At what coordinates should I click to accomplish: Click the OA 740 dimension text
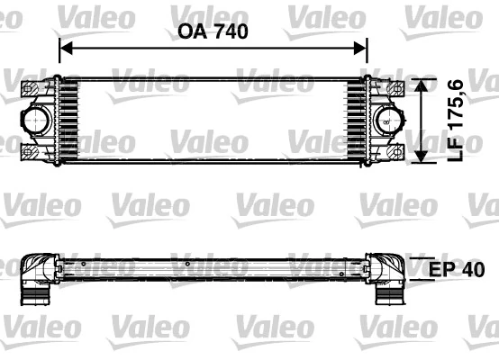pyautogui.click(x=213, y=31)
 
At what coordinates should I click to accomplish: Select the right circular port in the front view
pyautogui.click(x=385, y=120)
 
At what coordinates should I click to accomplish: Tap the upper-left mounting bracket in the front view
pyautogui.click(x=32, y=88)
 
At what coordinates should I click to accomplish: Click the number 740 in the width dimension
pyautogui.click(x=230, y=31)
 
